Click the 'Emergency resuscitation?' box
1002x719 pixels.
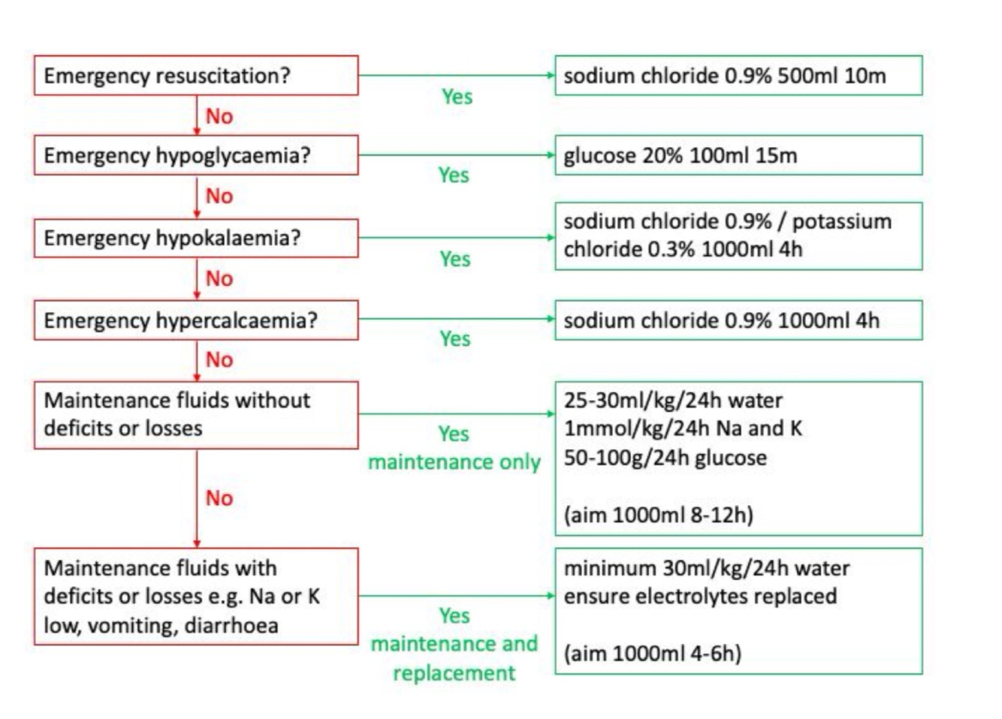pyautogui.click(x=195, y=75)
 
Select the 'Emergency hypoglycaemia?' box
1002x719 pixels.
pyautogui.click(x=195, y=155)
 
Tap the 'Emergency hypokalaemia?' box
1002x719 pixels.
pyautogui.click(x=195, y=238)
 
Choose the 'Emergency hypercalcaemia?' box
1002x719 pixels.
pyautogui.click(x=195, y=320)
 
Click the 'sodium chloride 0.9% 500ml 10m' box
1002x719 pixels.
pyautogui.click(x=738, y=75)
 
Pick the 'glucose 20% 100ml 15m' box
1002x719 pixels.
pyautogui.click(x=738, y=155)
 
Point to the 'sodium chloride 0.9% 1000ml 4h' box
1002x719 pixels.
pyautogui.click(x=738, y=320)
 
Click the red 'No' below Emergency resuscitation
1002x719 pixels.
pyautogui.click(x=219, y=116)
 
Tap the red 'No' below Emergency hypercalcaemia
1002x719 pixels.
pyautogui.click(x=219, y=359)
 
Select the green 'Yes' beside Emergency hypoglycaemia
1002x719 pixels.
pyautogui.click(x=454, y=175)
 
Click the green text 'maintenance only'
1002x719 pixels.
pyautogui.click(x=454, y=462)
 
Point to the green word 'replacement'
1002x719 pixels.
pyautogui.click(x=454, y=672)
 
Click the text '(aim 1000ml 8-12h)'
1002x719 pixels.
pyautogui.click(x=658, y=515)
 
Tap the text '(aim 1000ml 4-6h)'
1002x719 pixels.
pyautogui.click(x=652, y=653)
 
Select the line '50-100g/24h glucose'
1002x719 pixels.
pyautogui.click(x=665, y=458)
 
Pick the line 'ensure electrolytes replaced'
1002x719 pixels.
pyautogui.click(x=699, y=596)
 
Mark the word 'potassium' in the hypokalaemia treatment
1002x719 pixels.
pyautogui.click(x=841, y=221)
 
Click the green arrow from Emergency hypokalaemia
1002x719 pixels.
pyautogui.click(x=456, y=238)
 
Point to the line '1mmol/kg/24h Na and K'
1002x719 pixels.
pyautogui.click(x=682, y=429)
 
